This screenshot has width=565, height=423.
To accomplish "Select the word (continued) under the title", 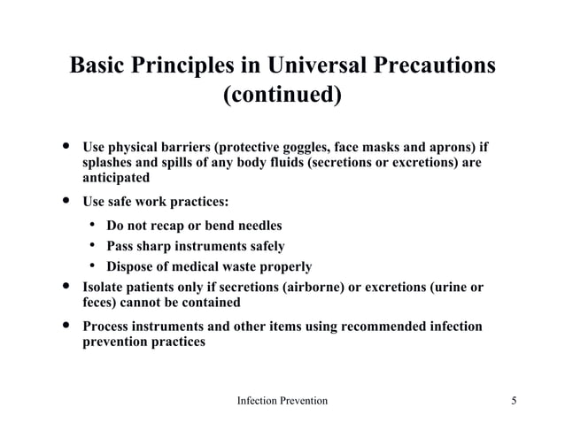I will (282, 94).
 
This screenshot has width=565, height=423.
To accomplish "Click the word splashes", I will (110, 162).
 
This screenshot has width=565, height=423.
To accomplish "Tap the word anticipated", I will (115, 177).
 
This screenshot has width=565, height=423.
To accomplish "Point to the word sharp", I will (153, 246).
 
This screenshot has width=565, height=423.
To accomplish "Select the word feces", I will (98, 303).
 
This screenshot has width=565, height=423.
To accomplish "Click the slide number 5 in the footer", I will (515, 401).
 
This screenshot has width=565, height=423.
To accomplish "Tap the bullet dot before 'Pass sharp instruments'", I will (91, 246).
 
